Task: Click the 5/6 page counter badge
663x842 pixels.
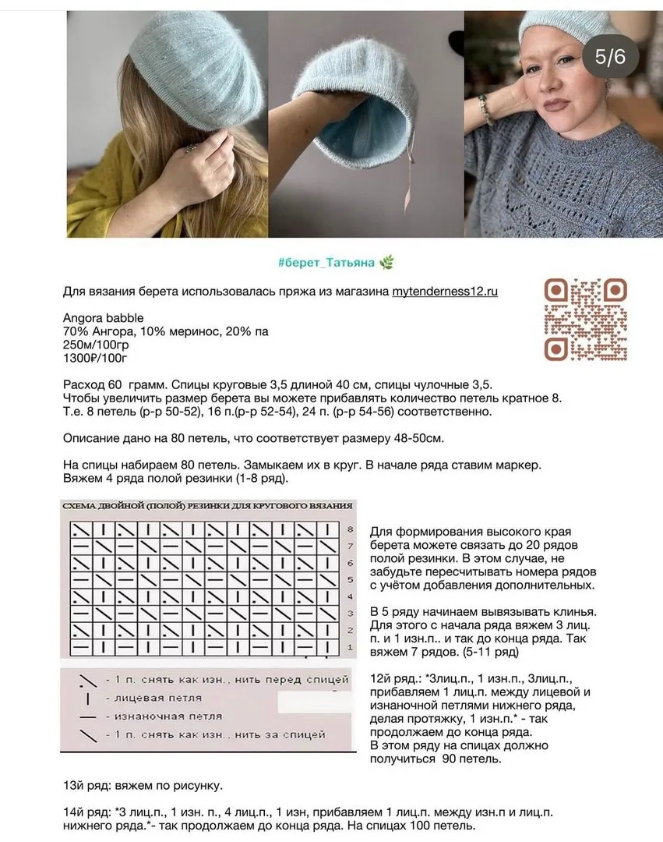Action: click(x=610, y=56)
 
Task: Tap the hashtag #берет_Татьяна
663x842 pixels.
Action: click(x=326, y=262)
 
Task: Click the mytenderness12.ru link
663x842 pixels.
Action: click(x=444, y=292)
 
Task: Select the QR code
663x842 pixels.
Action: click(x=586, y=319)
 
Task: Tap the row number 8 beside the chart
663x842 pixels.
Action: click(x=351, y=529)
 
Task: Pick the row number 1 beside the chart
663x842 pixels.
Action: click(x=351, y=647)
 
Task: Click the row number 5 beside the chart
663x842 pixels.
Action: click(x=351, y=580)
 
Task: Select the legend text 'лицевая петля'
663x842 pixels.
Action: click(x=157, y=698)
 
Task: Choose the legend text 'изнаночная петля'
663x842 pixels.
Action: click(x=168, y=716)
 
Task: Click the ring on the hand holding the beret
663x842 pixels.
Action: click(x=189, y=147)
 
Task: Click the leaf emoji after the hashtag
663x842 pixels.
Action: click(x=386, y=262)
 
